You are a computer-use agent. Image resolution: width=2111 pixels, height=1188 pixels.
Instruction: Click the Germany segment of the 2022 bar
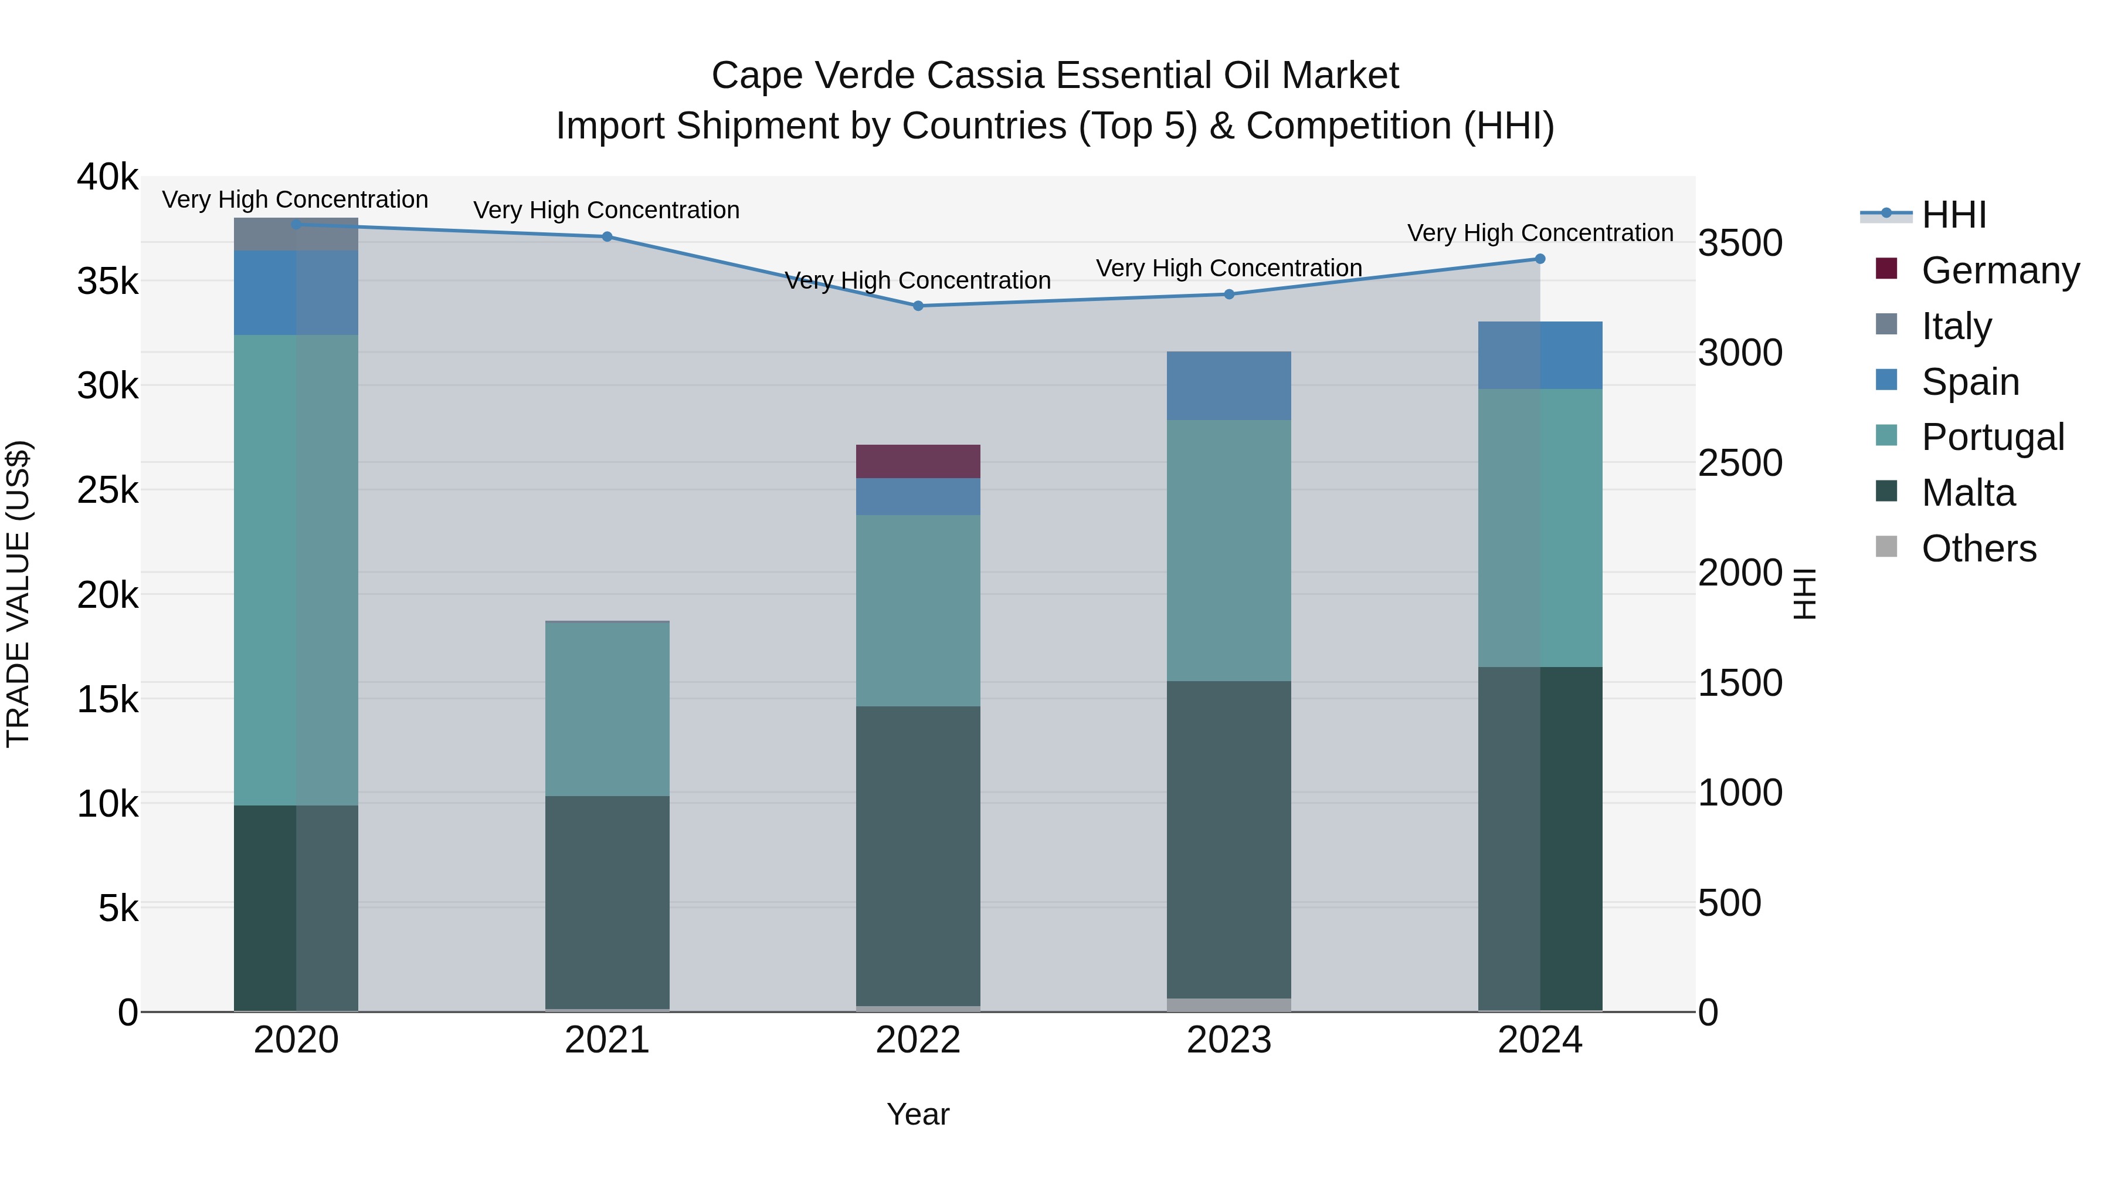[918, 462]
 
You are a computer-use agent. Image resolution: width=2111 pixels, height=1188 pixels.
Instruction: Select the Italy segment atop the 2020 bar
[296, 235]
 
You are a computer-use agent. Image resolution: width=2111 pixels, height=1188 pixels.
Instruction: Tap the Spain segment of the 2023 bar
[1228, 386]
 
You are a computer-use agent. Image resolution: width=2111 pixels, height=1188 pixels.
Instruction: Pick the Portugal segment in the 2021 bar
[607, 710]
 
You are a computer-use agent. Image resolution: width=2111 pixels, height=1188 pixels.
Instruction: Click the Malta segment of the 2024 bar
[1540, 839]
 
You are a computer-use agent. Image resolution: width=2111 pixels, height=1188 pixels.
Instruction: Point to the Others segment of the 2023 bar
[1228, 1005]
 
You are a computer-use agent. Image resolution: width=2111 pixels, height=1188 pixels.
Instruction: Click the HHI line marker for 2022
[918, 306]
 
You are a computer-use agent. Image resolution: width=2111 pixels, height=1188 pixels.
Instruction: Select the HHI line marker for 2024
[1540, 259]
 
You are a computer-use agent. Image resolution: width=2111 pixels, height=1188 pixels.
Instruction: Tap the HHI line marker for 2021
[607, 237]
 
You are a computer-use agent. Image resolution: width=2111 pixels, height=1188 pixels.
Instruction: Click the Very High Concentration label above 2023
[1228, 269]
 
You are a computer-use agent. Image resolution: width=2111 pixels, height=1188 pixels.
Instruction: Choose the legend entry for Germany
[2000, 270]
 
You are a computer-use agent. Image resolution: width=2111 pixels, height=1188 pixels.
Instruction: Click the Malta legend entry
[1967, 493]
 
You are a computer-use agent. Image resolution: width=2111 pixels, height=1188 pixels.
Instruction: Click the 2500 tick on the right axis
[1740, 463]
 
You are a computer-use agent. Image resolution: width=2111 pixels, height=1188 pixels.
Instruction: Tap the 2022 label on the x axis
[918, 1040]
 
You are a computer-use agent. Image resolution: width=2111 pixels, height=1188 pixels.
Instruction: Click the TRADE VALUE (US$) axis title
[18, 594]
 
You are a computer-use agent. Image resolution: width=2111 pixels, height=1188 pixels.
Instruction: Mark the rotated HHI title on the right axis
[1804, 594]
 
